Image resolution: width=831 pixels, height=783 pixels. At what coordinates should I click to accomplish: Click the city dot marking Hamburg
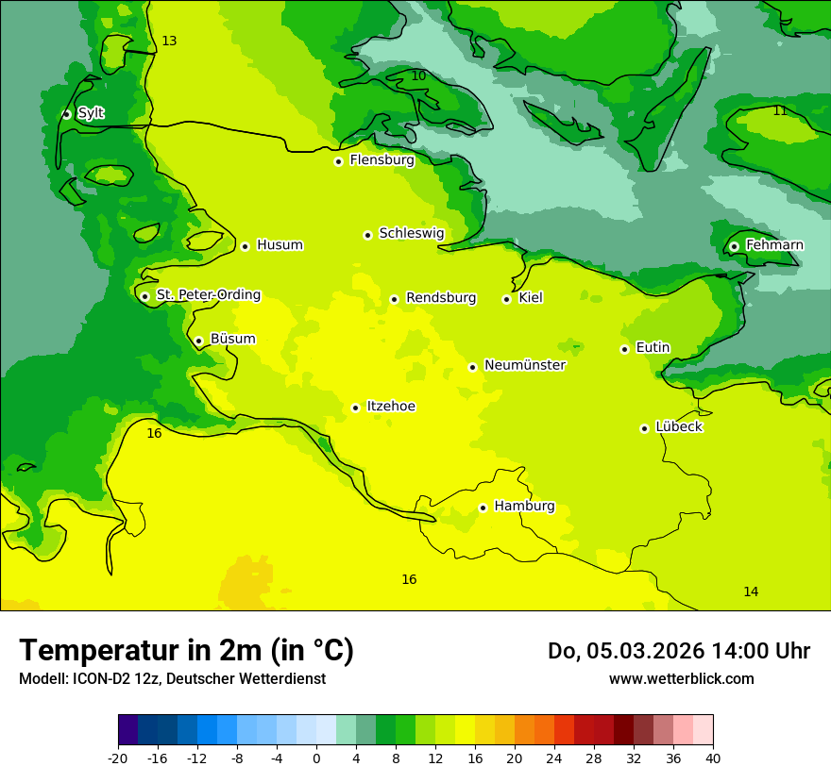click(x=483, y=508)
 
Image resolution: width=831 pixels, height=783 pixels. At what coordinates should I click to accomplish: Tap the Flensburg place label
click(x=382, y=160)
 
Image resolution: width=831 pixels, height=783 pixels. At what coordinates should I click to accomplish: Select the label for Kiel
click(x=531, y=298)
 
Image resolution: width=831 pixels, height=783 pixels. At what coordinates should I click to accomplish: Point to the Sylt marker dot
click(x=66, y=114)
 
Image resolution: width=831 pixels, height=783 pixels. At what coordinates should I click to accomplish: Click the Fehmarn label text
click(x=774, y=245)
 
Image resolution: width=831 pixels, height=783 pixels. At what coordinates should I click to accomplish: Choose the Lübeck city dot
click(x=644, y=428)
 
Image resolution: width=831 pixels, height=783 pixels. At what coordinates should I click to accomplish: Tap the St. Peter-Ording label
click(x=209, y=295)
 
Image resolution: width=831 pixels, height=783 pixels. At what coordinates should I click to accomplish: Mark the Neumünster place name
click(x=525, y=365)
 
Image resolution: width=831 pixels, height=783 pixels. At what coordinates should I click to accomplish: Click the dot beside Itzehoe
click(x=355, y=408)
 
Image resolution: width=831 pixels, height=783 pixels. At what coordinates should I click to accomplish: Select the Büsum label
click(x=232, y=339)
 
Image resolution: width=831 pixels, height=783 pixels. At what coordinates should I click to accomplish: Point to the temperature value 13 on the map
click(x=169, y=41)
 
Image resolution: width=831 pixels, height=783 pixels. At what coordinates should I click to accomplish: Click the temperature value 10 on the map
click(x=418, y=75)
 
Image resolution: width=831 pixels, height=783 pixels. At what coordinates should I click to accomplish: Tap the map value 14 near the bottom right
click(x=751, y=591)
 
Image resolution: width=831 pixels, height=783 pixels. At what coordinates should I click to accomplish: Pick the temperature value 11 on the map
click(x=780, y=110)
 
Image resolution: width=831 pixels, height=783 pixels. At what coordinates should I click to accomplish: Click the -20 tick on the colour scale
click(x=118, y=758)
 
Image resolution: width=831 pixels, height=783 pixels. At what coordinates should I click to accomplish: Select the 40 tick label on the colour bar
click(x=713, y=758)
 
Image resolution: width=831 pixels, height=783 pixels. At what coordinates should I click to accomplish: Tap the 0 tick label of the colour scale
click(x=316, y=758)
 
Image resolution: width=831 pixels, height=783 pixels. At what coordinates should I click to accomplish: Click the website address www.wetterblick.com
click(x=681, y=678)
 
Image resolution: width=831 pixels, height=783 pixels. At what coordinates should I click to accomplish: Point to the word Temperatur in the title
click(x=93, y=650)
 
